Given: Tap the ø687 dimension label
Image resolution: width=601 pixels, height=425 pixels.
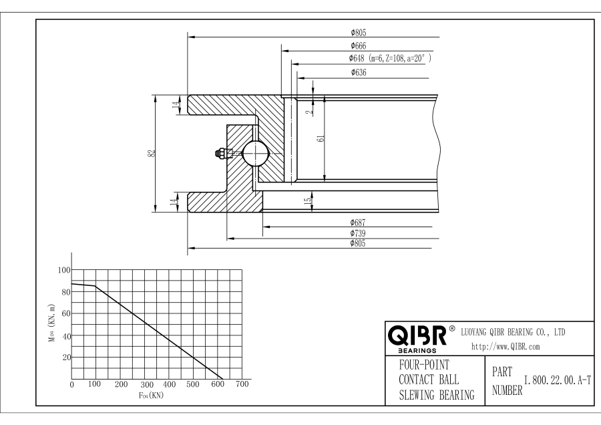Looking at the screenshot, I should point(359,222).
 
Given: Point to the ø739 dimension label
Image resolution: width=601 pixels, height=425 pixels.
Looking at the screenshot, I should point(359,233).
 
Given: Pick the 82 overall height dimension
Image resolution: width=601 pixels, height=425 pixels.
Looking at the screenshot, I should point(153,153).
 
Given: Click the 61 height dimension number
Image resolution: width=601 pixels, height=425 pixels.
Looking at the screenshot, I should point(321,139).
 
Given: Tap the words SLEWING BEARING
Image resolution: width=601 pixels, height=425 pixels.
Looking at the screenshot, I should point(427,394).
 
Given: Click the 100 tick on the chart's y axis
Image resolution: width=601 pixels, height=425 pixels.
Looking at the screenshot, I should point(64,270).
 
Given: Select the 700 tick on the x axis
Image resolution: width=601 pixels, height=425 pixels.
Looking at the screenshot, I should point(242,385).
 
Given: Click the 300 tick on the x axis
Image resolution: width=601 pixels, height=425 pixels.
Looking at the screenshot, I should point(145,385).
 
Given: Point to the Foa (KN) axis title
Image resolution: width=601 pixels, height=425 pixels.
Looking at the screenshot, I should point(150,395).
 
